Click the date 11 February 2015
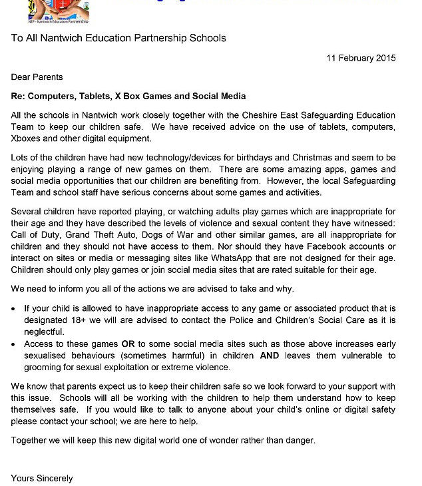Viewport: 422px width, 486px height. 361,58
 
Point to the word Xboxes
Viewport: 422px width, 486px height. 31,138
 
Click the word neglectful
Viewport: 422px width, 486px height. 45,332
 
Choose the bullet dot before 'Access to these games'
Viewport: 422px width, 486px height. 15,344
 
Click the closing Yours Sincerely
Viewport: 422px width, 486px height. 42,478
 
